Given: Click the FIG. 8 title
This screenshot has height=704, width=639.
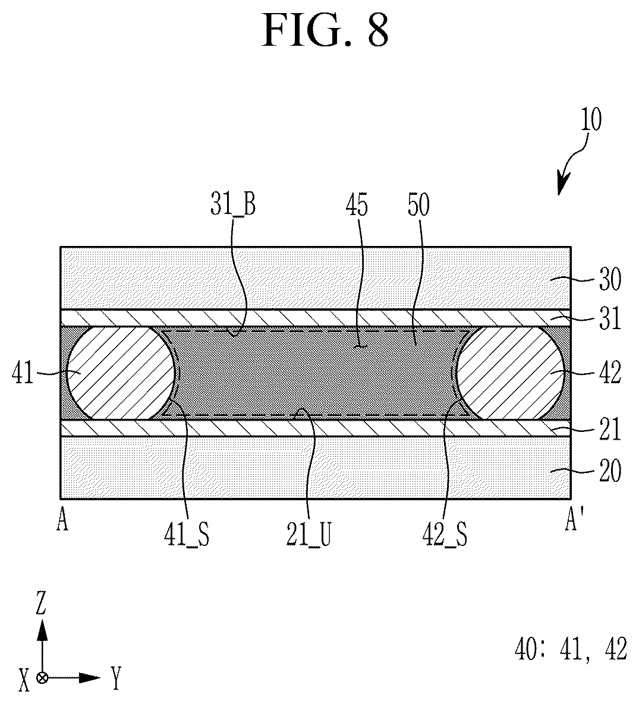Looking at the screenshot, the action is pyautogui.click(x=325, y=30).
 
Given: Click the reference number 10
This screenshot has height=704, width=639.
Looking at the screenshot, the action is pyautogui.click(x=591, y=119).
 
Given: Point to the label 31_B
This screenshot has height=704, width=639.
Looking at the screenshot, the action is pyautogui.click(x=233, y=205).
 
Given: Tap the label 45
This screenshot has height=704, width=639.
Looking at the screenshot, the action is pyautogui.click(x=357, y=205).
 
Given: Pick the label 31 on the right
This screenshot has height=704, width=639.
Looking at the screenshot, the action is pyautogui.click(x=610, y=318).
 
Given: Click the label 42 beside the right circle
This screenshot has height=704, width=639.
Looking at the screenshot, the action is pyautogui.click(x=610, y=372).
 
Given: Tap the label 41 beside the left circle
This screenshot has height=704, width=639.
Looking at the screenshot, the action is pyautogui.click(x=23, y=372).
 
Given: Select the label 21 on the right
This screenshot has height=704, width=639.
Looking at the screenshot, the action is pyautogui.click(x=610, y=429).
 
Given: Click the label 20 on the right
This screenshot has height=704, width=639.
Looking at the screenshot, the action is pyautogui.click(x=610, y=471).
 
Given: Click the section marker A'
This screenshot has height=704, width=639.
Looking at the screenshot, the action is pyautogui.click(x=571, y=522).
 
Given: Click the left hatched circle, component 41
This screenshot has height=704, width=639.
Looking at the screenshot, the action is pyautogui.click(x=121, y=372).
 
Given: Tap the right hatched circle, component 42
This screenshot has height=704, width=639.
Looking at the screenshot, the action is pyautogui.click(x=510, y=372).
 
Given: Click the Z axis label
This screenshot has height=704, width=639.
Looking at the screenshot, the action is pyautogui.click(x=41, y=604).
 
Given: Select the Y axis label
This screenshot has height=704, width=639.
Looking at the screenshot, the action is pyautogui.click(x=117, y=678).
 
